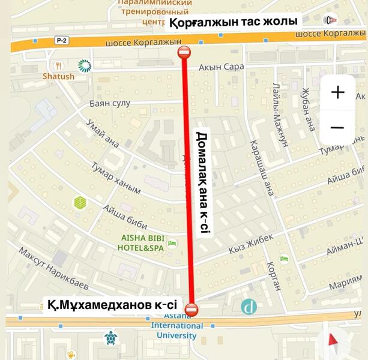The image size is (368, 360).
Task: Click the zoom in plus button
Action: [x=337, y=92]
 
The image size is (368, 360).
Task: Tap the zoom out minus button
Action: [x=337, y=127]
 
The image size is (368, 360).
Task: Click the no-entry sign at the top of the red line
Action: [x=184, y=53]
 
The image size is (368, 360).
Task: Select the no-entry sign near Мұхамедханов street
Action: [x=192, y=310]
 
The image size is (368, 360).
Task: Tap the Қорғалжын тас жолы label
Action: [x=233, y=22]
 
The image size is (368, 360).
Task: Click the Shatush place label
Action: [x=58, y=77]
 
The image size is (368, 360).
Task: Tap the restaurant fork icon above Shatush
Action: [x=58, y=65]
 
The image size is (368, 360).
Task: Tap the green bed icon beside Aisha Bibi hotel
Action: [x=172, y=243]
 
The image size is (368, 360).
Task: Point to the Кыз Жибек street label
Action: [x=251, y=243]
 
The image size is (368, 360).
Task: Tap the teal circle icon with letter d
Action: [x=249, y=307]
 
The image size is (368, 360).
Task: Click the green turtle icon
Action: [x=110, y=338]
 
